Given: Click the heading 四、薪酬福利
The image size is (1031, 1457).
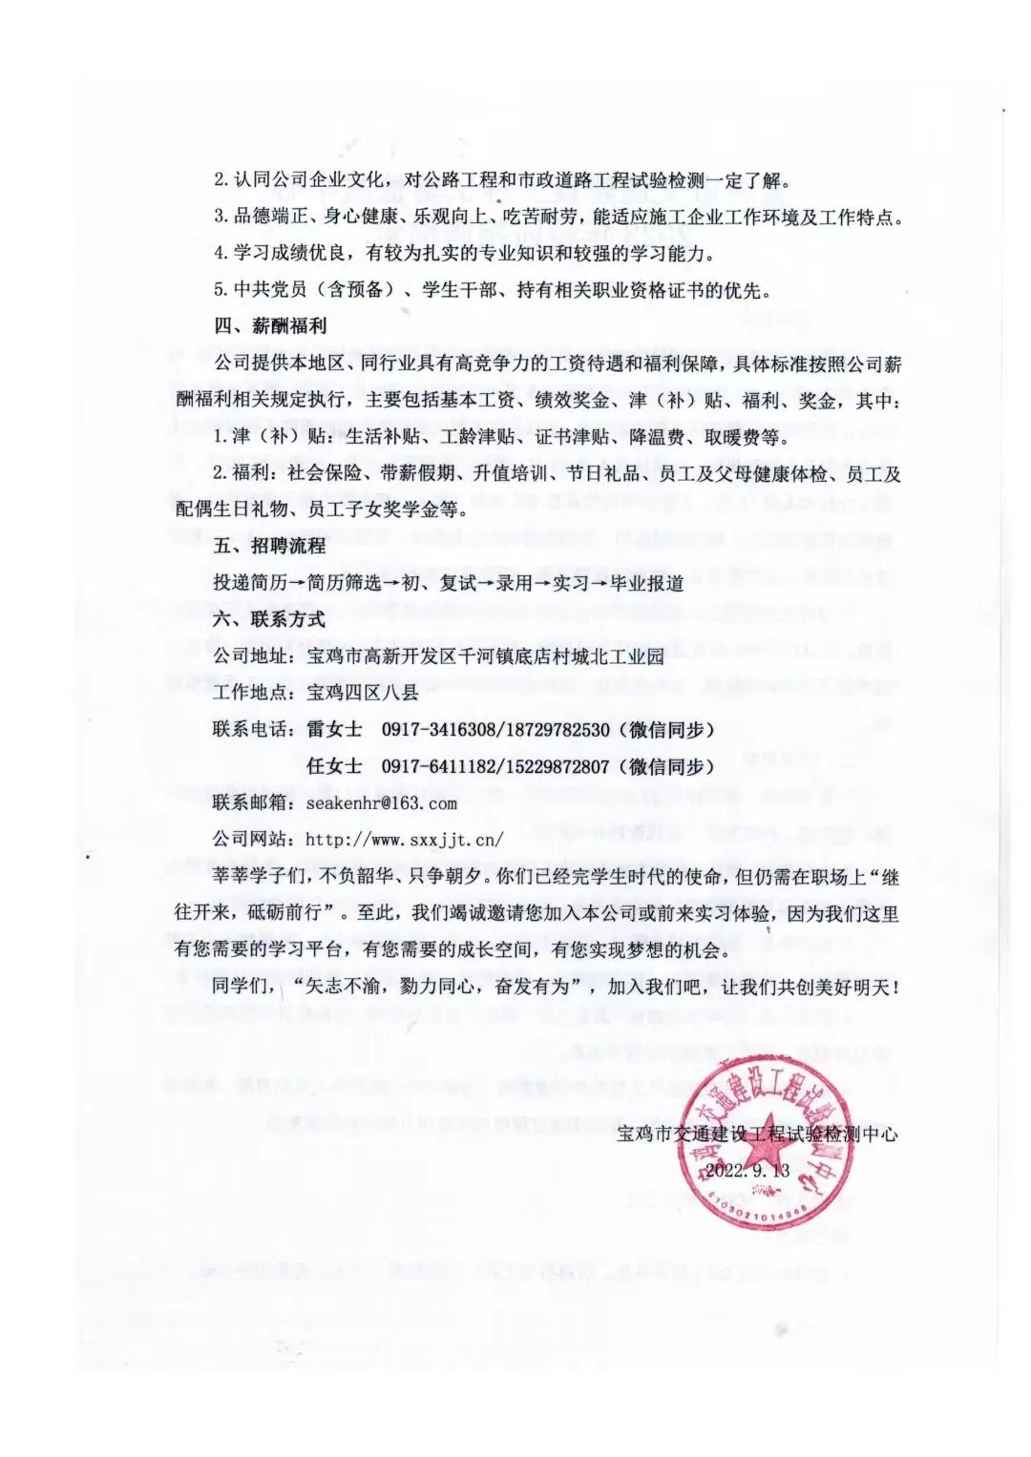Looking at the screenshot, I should coord(269,326).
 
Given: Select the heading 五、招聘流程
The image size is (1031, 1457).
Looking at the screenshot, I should coord(269,546).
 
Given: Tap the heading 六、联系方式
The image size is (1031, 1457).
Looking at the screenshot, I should coord(269,619).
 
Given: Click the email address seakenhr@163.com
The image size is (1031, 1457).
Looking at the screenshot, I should coord(381,803).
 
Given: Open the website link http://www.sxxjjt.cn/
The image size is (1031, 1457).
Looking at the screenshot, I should coord(404,840).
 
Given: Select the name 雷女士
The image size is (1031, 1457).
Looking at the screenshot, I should coord(334,730).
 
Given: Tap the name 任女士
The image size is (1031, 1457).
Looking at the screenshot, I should coord(334,766).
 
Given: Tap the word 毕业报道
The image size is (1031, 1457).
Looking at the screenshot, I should coord(646,583).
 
